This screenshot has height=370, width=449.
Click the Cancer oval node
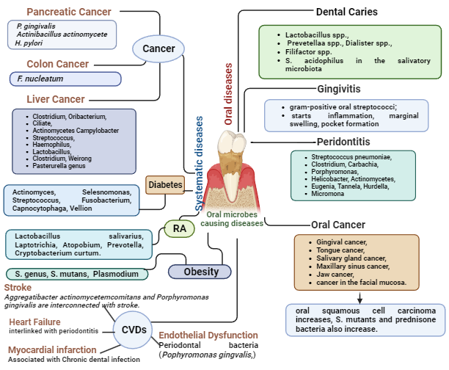158,49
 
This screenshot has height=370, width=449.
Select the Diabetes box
165,185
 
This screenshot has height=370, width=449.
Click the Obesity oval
194,272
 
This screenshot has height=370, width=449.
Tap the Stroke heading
18,287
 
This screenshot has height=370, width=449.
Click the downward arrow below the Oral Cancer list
361,297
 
